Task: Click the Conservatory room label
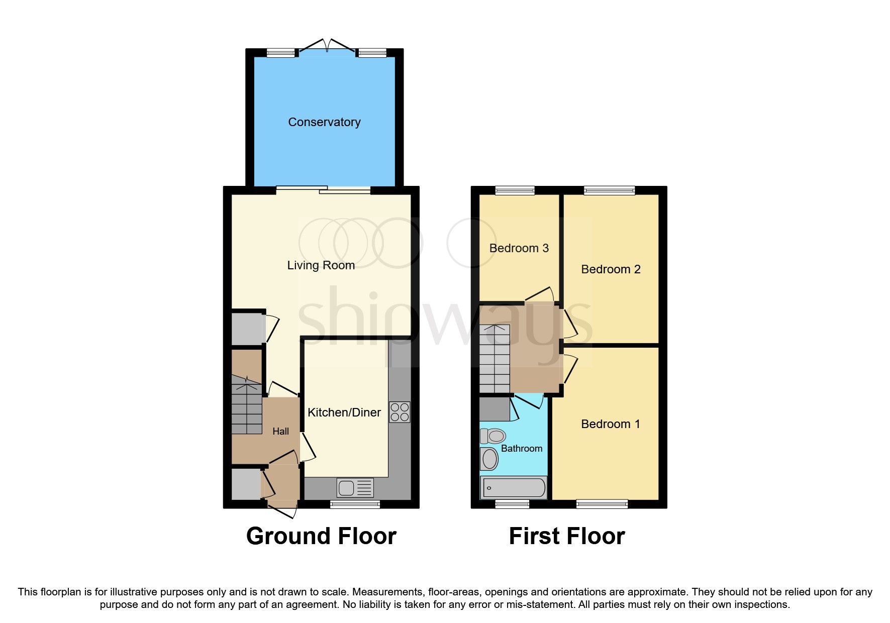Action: (324, 122)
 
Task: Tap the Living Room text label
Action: (321, 265)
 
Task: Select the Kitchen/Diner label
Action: (344, 412)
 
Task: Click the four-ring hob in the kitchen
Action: (400, 412)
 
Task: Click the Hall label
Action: (280, 432)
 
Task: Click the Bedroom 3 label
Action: (519, 248)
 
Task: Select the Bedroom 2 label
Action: (611, 269)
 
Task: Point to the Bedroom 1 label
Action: (610, 424)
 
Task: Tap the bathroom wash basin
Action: (489, 459)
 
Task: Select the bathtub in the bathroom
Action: (513, 487)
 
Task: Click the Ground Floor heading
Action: (321, 536)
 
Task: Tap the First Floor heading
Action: (566, 536)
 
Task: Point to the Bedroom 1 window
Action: (602, 504)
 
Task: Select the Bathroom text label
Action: (521, 449)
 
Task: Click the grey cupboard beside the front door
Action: (246, 484)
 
